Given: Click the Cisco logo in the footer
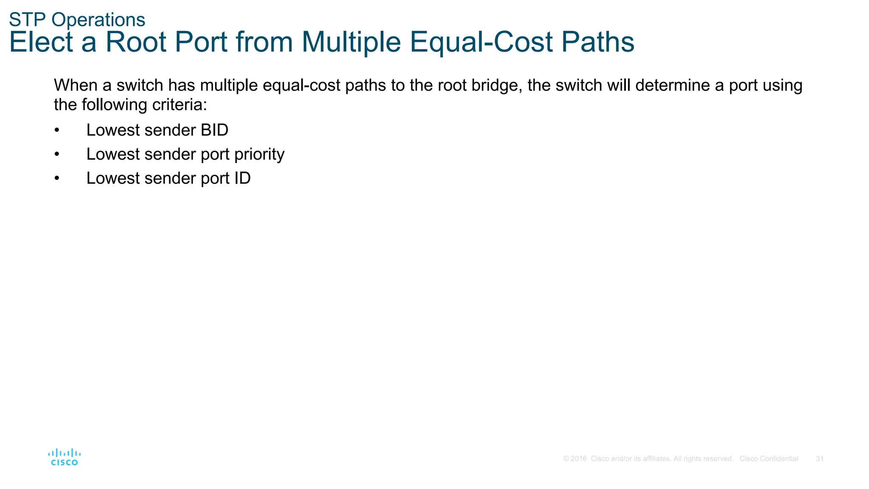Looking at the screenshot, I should click(64, 457).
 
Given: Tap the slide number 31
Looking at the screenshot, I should click(820, 459).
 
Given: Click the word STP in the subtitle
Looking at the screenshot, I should click(24, 20).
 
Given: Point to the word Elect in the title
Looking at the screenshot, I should click(41, 42).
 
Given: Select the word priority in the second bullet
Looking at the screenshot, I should click(259, 155).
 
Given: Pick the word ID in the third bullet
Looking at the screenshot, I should click(243, 178).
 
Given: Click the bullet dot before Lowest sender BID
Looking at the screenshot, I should click(57, 130).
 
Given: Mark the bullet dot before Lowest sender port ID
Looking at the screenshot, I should click(57, 179).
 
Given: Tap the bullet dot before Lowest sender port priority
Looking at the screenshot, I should click(57, 155).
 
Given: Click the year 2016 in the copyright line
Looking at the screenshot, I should click(578, 459).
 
